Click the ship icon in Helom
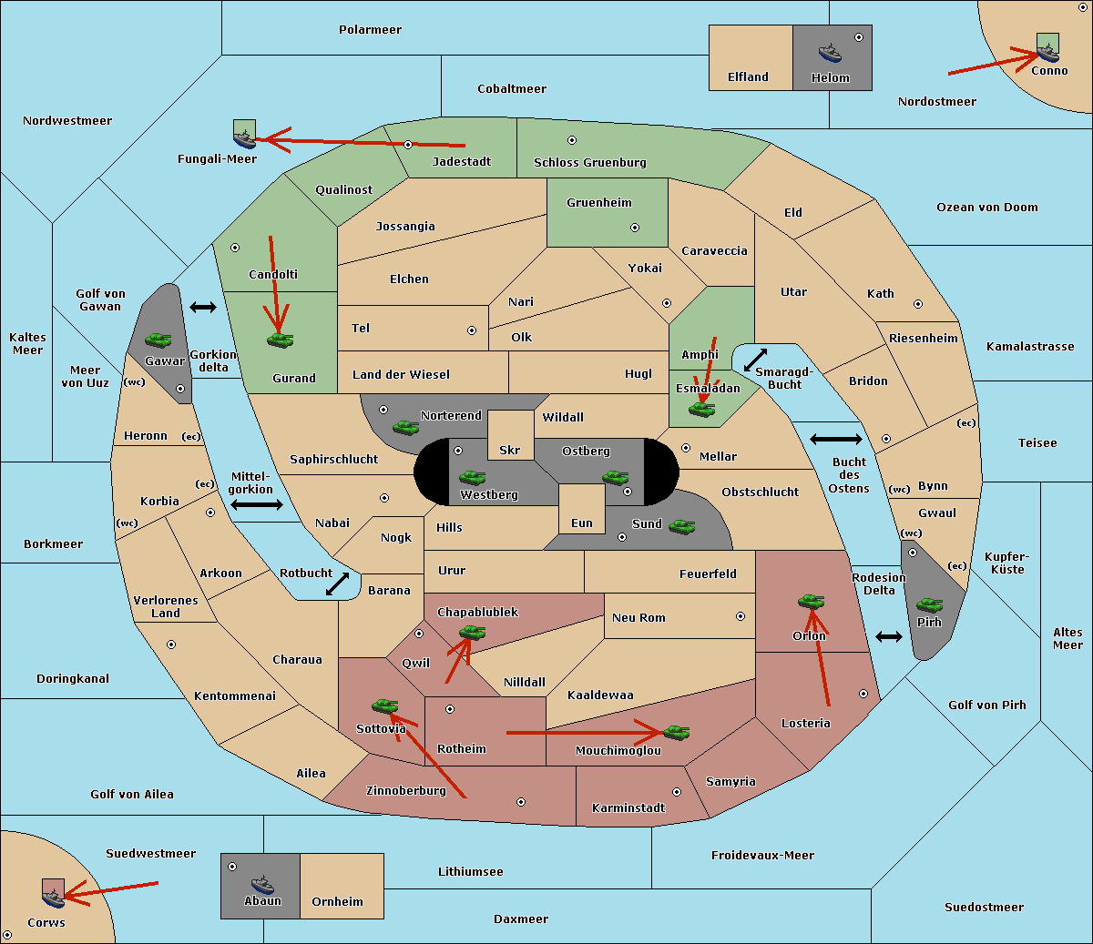pyautogui.click(x=830, y=53)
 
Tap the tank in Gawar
pyautogui.click(x=158, y=340)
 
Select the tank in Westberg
pyautogui.click(x=472, y=477)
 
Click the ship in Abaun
pyautogui.click(x=262, y=884)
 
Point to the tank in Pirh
pyautogui.click(x=929, y=604)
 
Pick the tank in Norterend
pyautogui.click(x=405, y=427)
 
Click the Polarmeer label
pyautogui.click(x=370, y=30)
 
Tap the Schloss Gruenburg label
pyautogui.click(x=590, y=162)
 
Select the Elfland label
pyautogui.click(x=748, y=77)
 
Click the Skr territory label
pyautogui.click(x=510, y=450)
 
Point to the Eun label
pyautogui.click(x=582, y=523)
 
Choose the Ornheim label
pyautogui.click(x=337, y=902)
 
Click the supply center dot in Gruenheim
pyautogui.click(x=635, y=228)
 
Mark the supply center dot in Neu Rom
pyautogui.click(x=741, y=616)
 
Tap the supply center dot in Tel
pyautogui.click(x=472, y=330)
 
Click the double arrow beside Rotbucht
pyautogui.click(x=337, y=584)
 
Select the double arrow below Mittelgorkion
pyautogui.click(x=257, y=504)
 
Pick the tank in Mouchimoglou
pyautogui.click(x=677, y=732)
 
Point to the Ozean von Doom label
pyautogui.click(x=986, y=208)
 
